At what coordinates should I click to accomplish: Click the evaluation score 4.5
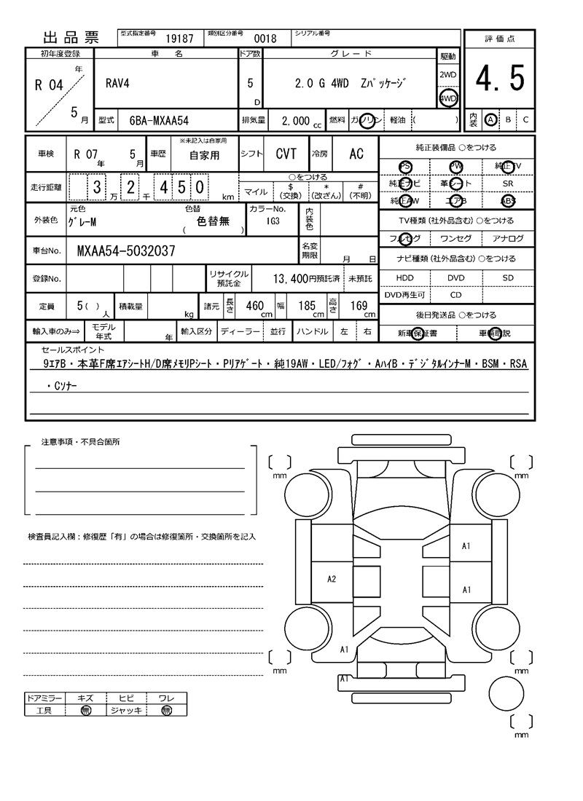(500, 79)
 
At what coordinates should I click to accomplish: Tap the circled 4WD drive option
(448, 98)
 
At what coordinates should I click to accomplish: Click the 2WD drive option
(448, 75)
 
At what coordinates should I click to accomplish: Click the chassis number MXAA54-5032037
(125, 251)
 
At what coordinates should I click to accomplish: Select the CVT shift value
(286, 154)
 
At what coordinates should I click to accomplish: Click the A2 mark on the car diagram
(332, 579)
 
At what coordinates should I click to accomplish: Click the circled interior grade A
(491, 119)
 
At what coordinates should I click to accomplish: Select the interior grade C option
(525, 119)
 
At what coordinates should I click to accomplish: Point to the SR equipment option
(508, 184)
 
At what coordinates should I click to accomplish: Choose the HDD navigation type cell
(404, 277)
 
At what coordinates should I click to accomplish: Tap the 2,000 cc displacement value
(296, 122)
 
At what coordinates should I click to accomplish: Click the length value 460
(254, 306)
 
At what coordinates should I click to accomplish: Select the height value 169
(359, 306)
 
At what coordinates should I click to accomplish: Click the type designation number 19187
(179, 39)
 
